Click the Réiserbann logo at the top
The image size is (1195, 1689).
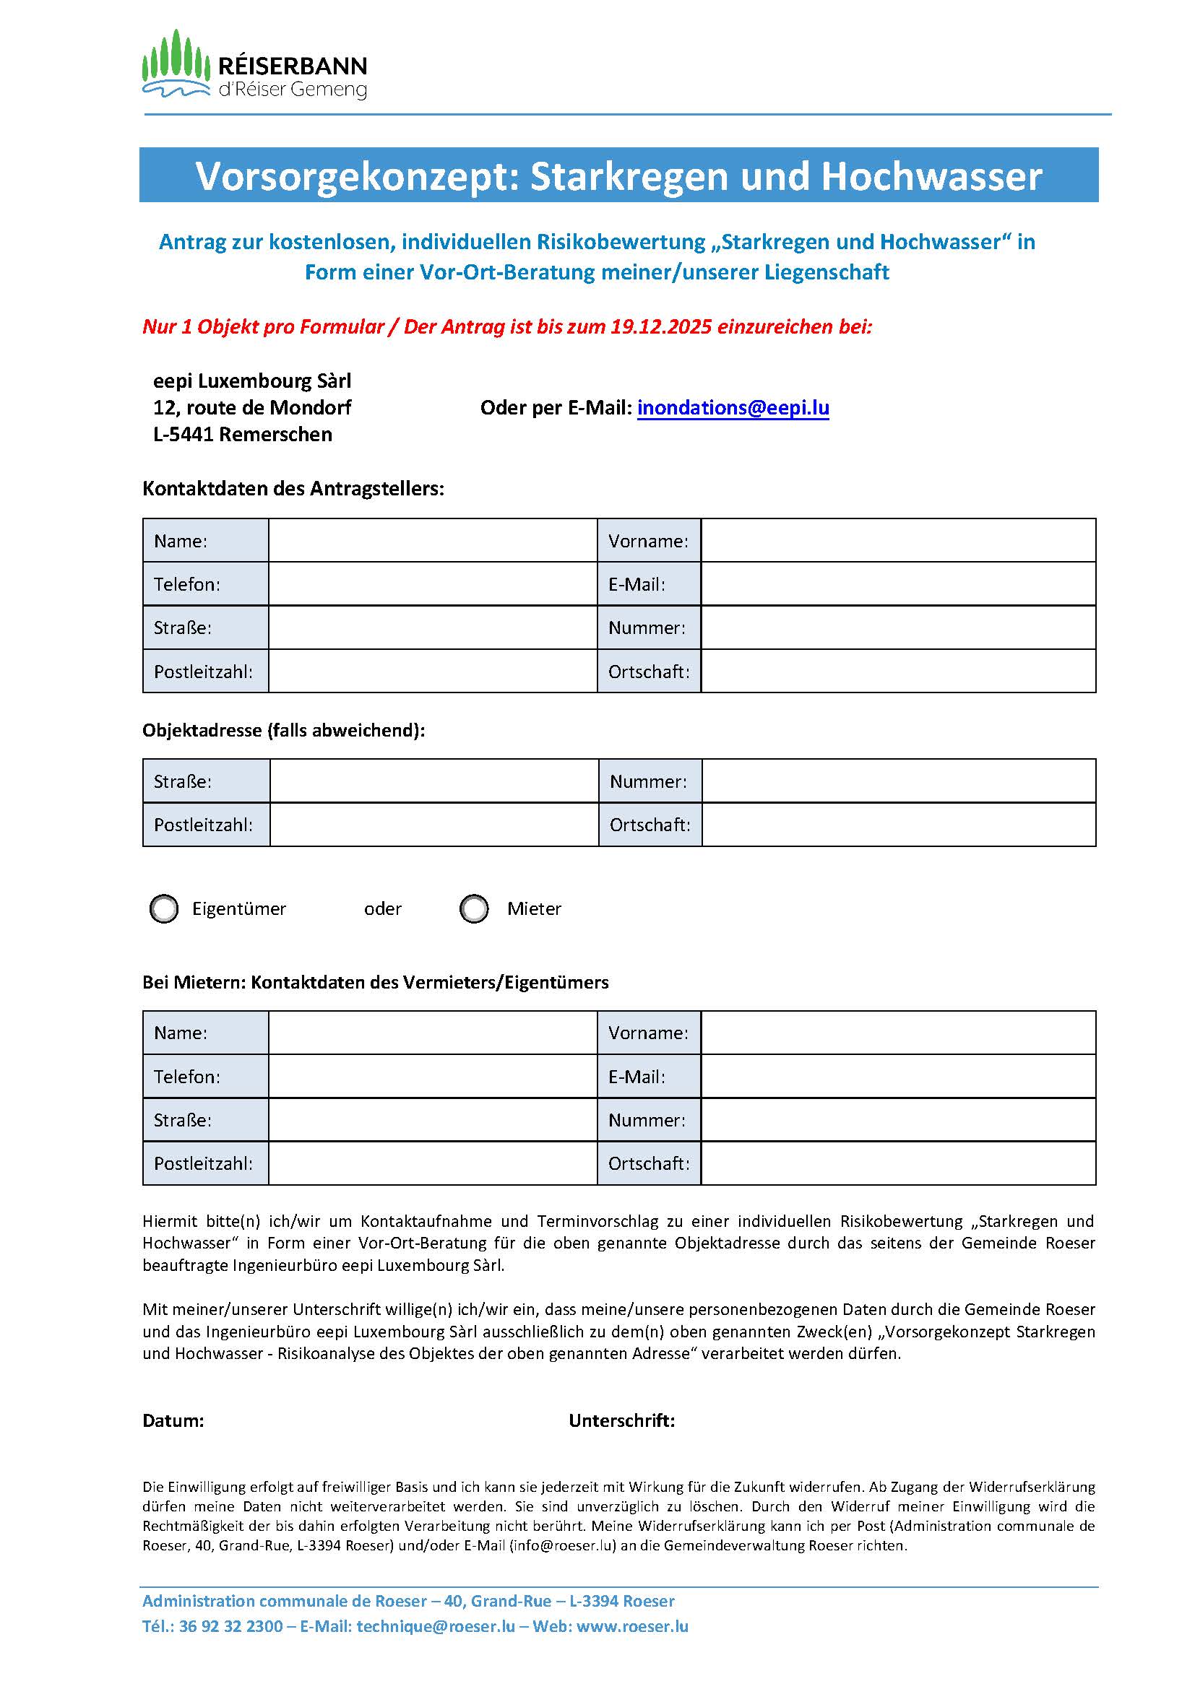pos(254,66)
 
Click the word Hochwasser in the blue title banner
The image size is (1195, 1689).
pos(931,176)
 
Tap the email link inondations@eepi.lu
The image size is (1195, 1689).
pos(733,407)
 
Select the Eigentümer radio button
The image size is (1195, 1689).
pos(164,908)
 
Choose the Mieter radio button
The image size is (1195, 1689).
pos(474,908)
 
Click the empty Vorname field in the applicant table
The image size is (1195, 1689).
pos(898,541)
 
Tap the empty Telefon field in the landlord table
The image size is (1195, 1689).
pos(432,1076)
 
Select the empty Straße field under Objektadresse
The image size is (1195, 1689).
pos(433,781)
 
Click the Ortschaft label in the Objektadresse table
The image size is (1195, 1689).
pos(650,825)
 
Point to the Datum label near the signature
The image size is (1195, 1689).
pos(173,1420)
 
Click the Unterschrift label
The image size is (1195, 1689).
pos(621,1420)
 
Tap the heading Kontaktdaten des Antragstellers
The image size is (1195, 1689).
pos(293,488)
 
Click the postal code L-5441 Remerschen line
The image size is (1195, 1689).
pos(242,434)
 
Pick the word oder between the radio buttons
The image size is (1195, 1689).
pos(383,908)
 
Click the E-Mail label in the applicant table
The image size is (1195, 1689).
pos(637,584)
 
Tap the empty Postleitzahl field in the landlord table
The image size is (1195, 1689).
pos(432,1163)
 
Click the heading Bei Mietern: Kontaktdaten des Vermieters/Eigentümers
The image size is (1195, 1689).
pos(375,982)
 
